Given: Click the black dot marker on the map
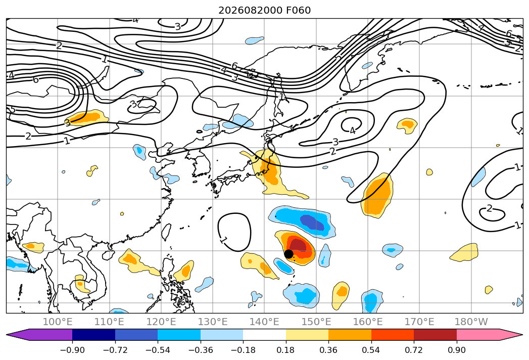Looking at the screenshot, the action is click(x=288, y=254).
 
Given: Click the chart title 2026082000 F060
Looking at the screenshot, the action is click(x=265, y=10).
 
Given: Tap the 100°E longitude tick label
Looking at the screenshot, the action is click(x=58, y=322).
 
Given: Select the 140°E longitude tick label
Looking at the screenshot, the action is click(x=264, y=322).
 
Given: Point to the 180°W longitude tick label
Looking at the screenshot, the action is click(x=471, y=322).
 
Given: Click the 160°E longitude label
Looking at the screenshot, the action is click(x=368, y=322).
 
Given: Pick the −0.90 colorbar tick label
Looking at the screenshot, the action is click(x=72, y=350).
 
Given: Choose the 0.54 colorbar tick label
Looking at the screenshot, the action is click(x=371, y=350).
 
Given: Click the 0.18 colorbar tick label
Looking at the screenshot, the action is click(x=286, y=350).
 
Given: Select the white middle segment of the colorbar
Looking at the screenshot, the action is click(x=265, y=334).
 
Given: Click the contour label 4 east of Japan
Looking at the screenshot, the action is click(x=353, y=130).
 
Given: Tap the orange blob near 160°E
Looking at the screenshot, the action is click(x=378, y=195).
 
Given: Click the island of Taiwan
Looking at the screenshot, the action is click(x=166, y=232).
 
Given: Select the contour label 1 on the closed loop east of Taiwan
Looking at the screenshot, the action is click(x=223, y=240).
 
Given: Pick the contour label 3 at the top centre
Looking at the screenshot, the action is click(x=177, y=26).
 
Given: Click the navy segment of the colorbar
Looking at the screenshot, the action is click(x=94, y=334).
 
